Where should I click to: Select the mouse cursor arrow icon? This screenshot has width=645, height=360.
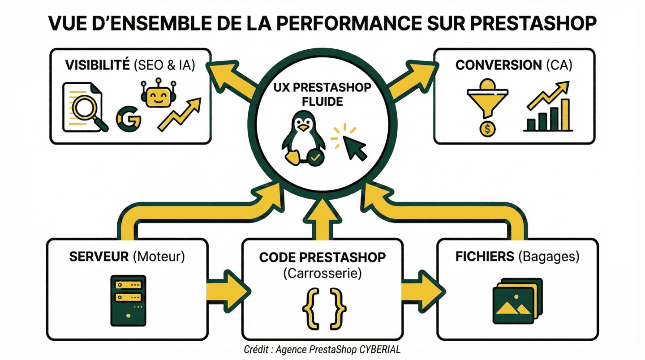coord(353,146)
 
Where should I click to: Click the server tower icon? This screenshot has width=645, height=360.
coord(128,300)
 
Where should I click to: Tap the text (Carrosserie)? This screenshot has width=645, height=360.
coord(322,273)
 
